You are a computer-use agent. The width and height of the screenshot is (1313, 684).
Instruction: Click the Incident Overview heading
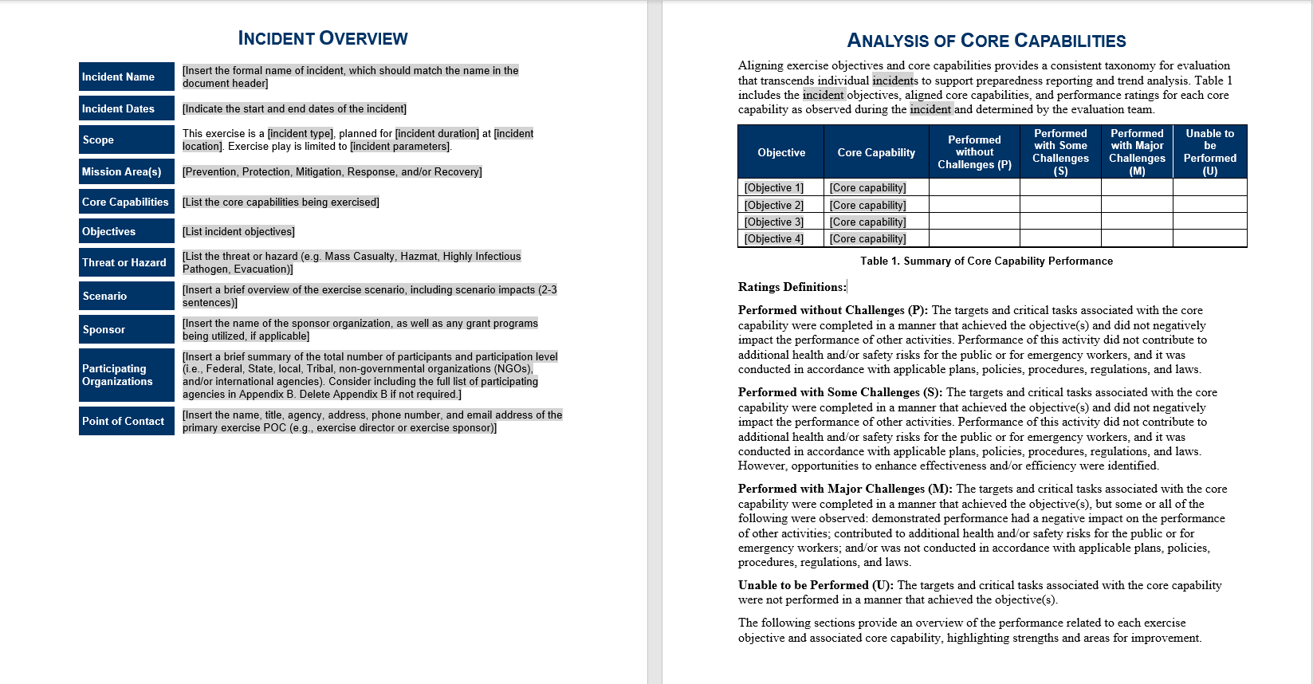[x=323, y=38]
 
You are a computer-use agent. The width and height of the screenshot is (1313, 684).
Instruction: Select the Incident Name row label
[x=126, y=77]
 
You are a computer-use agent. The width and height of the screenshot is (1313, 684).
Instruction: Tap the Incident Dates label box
[x=126, y=108]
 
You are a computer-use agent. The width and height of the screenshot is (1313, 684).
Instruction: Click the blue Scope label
[x=126, y=140]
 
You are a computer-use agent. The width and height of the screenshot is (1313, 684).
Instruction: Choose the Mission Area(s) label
[x=126, y=171]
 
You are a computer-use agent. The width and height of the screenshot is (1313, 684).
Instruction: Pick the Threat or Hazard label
[x=126, y=262]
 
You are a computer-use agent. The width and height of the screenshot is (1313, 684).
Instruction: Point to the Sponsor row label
[x=126, y=329]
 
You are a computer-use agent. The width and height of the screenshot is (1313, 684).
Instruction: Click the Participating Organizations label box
[x=126, y=375]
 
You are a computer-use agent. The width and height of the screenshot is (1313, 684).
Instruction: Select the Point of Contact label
[x=126, y=421]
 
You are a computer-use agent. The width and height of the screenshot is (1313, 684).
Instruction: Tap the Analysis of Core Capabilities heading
[x=986, y=41]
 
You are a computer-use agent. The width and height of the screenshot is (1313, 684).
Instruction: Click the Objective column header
[x=781, y=152]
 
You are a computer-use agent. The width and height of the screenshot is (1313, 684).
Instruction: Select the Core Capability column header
[x=876, y=152]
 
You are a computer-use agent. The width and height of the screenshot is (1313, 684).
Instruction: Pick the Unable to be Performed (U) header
[x=1209, y=151]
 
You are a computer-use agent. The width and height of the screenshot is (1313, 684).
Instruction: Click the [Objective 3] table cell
[x=774, y=222]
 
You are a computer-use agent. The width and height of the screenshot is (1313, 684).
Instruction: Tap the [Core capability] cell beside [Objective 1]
[x=867, y=188]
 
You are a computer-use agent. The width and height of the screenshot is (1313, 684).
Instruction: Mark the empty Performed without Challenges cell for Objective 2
[x=974, y=205]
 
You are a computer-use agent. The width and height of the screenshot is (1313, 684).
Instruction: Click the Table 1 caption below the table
[x=986, y=261]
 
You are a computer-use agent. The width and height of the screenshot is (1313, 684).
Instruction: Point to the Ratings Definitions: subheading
[x=792, y=287]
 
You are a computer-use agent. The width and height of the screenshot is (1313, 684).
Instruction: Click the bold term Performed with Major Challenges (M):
[x=845, y=489]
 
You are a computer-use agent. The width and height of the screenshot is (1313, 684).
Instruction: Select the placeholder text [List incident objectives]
[x=238, y=231]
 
